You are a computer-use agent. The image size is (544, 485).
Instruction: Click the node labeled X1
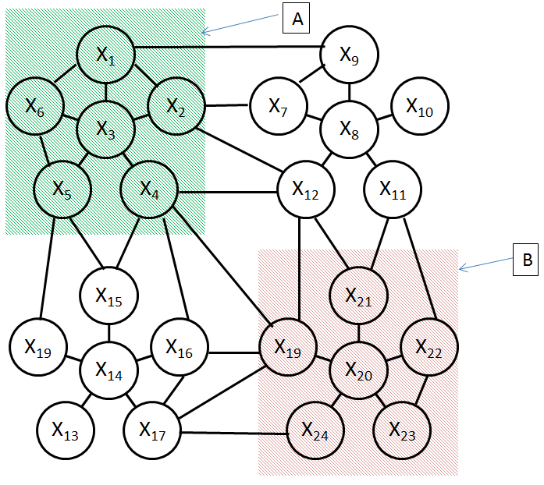point(105,55)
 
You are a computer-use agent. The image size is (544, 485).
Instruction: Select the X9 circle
point(350,55)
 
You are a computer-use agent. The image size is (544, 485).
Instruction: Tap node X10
point(420,106)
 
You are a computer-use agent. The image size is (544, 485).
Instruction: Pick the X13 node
point(66,430)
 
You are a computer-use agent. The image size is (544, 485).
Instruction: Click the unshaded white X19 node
point(37,347)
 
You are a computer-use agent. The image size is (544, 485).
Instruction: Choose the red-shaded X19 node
point(288,347)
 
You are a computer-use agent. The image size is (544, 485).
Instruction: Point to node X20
point(359,370)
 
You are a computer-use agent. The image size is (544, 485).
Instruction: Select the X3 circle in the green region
point(105,129)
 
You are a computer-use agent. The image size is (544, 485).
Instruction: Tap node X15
point(109,296)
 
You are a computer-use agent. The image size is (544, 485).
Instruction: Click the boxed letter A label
point(296,19)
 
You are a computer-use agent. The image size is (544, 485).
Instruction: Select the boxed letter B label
point(526,260)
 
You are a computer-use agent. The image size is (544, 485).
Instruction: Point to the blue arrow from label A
point(240,24)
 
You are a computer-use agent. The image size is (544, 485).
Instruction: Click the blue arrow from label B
point(485,264)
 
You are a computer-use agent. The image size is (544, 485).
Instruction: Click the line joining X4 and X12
point(228,192)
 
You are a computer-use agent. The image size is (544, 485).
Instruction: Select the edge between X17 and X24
point(234,433)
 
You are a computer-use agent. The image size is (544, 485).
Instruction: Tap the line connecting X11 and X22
point(420,268)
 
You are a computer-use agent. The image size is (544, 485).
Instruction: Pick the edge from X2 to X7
point(227,105)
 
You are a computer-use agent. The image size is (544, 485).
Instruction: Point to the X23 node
point(402,430)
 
